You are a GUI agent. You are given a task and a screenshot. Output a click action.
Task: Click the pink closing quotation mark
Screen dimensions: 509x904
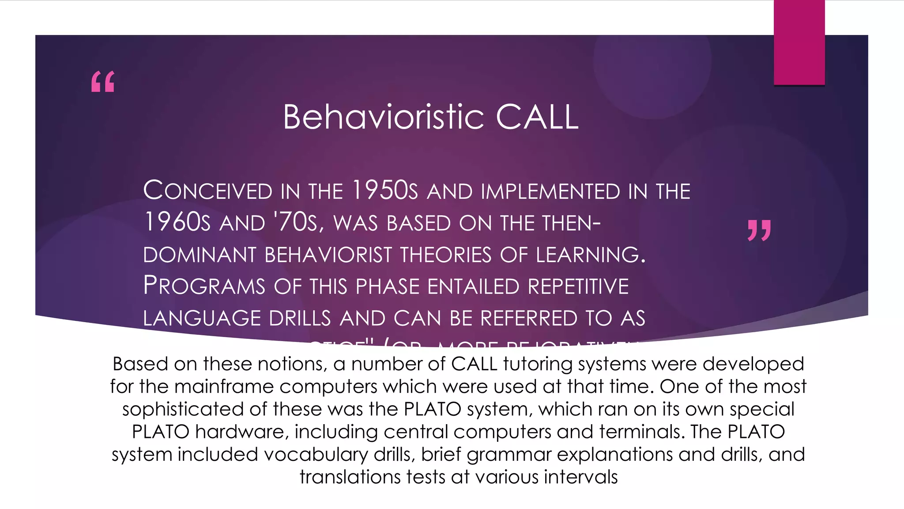[759, 230]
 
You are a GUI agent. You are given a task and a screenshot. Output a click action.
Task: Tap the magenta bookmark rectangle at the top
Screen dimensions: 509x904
[799, 42]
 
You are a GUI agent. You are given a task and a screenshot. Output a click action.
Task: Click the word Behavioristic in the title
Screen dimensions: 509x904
[383, 117]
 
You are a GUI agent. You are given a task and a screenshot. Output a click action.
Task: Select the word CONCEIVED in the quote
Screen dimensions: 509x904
[207, 191]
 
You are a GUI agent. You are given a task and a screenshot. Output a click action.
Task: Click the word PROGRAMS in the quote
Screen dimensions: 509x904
[204, 286]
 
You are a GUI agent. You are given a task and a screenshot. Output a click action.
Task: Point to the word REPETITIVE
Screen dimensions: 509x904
[578, 286]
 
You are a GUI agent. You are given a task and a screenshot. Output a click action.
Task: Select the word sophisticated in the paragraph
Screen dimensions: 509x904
[183, 409]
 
